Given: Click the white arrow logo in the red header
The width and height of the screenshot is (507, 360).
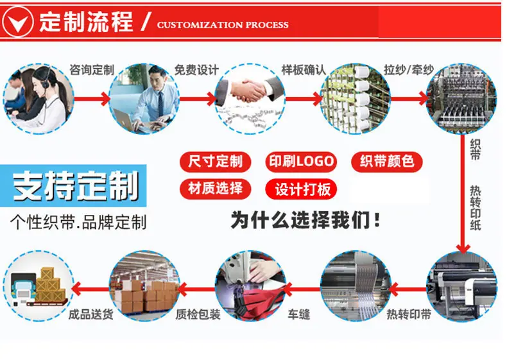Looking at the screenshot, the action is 18,22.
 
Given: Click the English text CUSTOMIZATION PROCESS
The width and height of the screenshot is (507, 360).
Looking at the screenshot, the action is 223,25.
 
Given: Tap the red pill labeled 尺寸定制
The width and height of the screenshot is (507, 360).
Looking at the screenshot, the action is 216,162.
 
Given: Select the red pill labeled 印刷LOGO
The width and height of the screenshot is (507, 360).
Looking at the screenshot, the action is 301,162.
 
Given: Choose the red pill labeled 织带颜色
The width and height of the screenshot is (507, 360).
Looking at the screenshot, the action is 387,162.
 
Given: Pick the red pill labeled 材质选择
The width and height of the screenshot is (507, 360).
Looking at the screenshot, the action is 216,189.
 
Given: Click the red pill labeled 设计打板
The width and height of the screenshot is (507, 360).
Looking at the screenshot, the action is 301,189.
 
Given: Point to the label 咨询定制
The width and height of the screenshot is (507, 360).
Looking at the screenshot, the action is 92,70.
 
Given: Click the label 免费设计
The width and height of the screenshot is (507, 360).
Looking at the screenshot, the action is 196,70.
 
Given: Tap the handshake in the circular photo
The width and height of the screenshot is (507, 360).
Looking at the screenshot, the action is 249,90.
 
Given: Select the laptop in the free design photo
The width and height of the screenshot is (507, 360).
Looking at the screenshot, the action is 125,120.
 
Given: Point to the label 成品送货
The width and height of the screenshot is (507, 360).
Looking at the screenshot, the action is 91,314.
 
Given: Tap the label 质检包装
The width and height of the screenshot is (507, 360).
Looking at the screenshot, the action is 198,314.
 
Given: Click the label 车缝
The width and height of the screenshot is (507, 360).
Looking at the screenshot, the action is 299,314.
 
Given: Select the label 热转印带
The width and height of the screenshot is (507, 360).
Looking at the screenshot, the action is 409,314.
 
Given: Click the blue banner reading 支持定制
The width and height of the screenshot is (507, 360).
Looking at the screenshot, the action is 73,186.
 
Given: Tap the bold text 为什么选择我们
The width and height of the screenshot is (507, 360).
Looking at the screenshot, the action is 305,220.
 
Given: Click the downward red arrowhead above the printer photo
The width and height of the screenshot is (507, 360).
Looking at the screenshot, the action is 463,248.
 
